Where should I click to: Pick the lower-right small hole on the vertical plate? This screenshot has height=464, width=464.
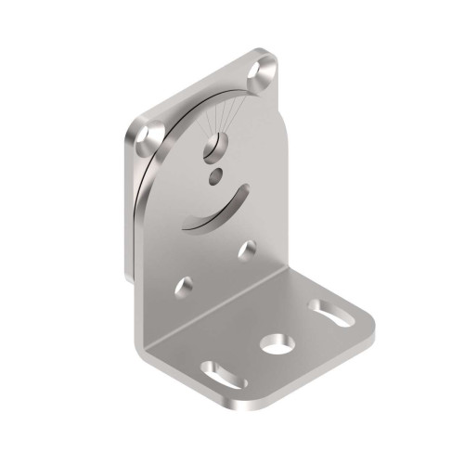pos(249,250)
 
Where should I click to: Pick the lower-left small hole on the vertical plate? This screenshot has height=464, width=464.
pos(186,289)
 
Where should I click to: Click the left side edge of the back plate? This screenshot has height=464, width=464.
pos(127,204)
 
